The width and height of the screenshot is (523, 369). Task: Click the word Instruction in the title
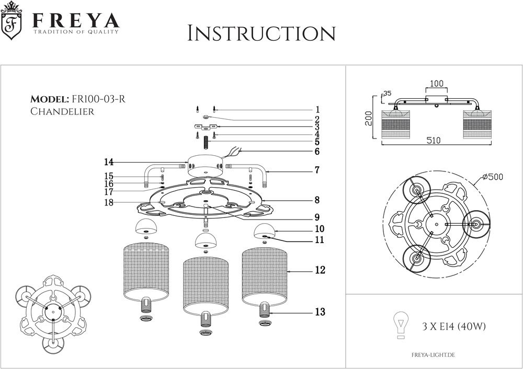(x=261, y=33)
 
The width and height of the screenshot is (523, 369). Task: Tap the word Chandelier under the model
(x=62, y=111)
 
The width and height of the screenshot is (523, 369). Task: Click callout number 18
(x=109, y=203)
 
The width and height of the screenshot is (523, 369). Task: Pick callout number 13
(x=320, y=312)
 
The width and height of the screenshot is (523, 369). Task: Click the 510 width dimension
(x=433, y=141)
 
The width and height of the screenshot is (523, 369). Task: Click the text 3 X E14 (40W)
(x=454, y=327)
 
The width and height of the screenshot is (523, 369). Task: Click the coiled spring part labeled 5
(x=206, y=141)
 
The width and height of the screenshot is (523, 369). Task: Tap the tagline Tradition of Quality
(x=76, y=32)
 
